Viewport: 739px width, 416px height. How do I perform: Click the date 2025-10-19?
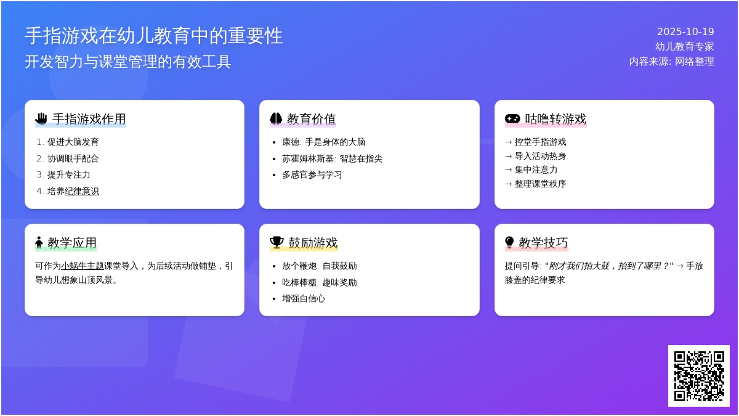tap(685, 31)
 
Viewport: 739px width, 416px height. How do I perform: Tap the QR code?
tap(699, 376)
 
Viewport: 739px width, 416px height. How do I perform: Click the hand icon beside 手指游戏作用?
tap(41, 118)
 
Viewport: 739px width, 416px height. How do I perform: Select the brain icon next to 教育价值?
tap(276, 118)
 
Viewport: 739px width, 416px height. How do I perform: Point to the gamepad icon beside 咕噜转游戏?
tap(512, 118)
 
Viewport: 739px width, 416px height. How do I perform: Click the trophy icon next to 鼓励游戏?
tap(277, 242)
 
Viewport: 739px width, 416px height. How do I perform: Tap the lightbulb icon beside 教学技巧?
tap(509, 242)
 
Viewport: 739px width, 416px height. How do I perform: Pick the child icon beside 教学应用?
tap(39, 242)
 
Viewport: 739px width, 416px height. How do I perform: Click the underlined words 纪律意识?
tap(82, 191)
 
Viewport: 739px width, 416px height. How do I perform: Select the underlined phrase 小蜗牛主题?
tap(82, 266)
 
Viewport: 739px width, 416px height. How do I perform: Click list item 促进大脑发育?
tap(73, 142)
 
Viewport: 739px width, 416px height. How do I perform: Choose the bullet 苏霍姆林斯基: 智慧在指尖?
tap(332, 158)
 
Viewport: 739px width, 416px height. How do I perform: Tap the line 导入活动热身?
tap(540, 156)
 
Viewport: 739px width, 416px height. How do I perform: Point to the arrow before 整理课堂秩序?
tap(509, 184)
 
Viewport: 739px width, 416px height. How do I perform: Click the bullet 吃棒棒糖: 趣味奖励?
tap(320, 282)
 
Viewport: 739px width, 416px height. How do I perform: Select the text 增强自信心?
tap(304, 299)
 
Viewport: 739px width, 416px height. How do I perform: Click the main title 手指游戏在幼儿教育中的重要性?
tap(154, 36)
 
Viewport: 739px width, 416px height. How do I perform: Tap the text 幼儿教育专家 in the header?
tap(685, 47)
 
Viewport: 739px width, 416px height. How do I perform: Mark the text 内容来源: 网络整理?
tap(671, 62)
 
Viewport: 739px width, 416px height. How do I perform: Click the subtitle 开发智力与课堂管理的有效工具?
tap(128, 62)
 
